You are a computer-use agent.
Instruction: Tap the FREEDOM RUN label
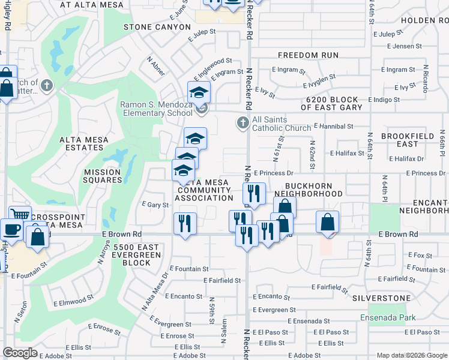[x=306, y=55]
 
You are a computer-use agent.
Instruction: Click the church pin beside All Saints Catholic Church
[x=243, y=123]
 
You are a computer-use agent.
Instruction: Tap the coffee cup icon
[x=11, y=229]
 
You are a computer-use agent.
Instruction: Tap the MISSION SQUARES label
[x=98, y=176]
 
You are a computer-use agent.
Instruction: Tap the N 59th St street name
[x=212, y=310]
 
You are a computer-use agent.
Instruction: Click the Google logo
[x=20, y=353]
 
